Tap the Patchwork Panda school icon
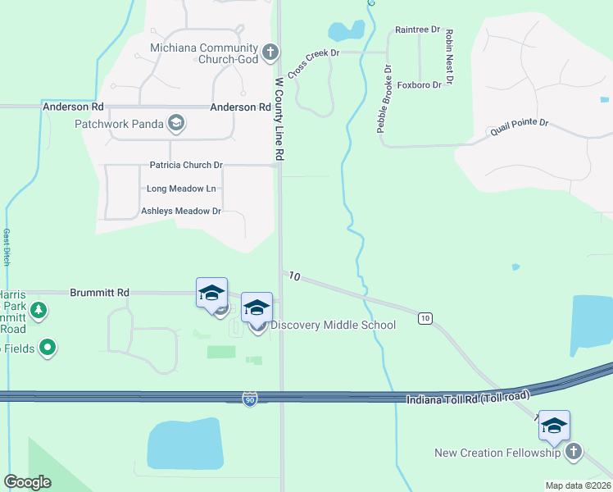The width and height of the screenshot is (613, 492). tap(175, 124)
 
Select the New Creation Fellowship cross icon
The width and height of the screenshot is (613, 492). tap(574, 452)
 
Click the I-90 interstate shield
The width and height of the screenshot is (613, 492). tap(251, 399)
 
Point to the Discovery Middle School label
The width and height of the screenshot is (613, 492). tap(333, 326)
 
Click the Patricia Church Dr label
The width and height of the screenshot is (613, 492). tap(186, 165)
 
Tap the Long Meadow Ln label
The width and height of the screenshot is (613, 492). tap(181, 189)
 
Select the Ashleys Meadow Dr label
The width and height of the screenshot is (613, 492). tap(181, 212)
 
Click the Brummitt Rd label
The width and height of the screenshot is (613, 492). tap(100, 292)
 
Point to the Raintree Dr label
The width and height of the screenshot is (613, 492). tap(418, 30)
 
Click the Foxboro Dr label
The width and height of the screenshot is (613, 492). tap(420, 84)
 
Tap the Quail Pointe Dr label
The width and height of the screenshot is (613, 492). tap(519, 127)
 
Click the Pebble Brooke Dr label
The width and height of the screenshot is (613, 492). tap(384, 99)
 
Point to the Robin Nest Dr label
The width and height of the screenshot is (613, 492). tap(448, 57)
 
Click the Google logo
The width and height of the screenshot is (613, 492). tap(28, 482)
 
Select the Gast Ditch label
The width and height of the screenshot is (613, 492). tap(7, 246)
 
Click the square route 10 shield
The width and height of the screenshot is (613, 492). tap(425, 317)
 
